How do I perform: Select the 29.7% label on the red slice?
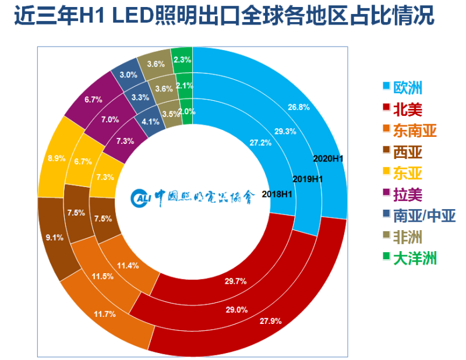point(235,281)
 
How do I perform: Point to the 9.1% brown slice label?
point(54,238)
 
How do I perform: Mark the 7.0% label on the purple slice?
point(110,119)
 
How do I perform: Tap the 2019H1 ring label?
point(308,179)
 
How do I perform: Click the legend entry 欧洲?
point(408,87)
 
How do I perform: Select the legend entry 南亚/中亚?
point(424,216)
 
